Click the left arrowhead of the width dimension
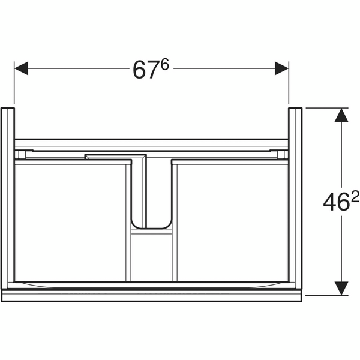point(21,68)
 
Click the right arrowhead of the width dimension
point(282,68)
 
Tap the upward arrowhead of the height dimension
point(341,115)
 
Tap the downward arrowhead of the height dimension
point(341,289)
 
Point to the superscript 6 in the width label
point(164,64)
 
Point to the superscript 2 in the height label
point(355,197)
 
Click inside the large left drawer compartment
point(70,223)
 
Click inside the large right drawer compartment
point(232,223)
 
